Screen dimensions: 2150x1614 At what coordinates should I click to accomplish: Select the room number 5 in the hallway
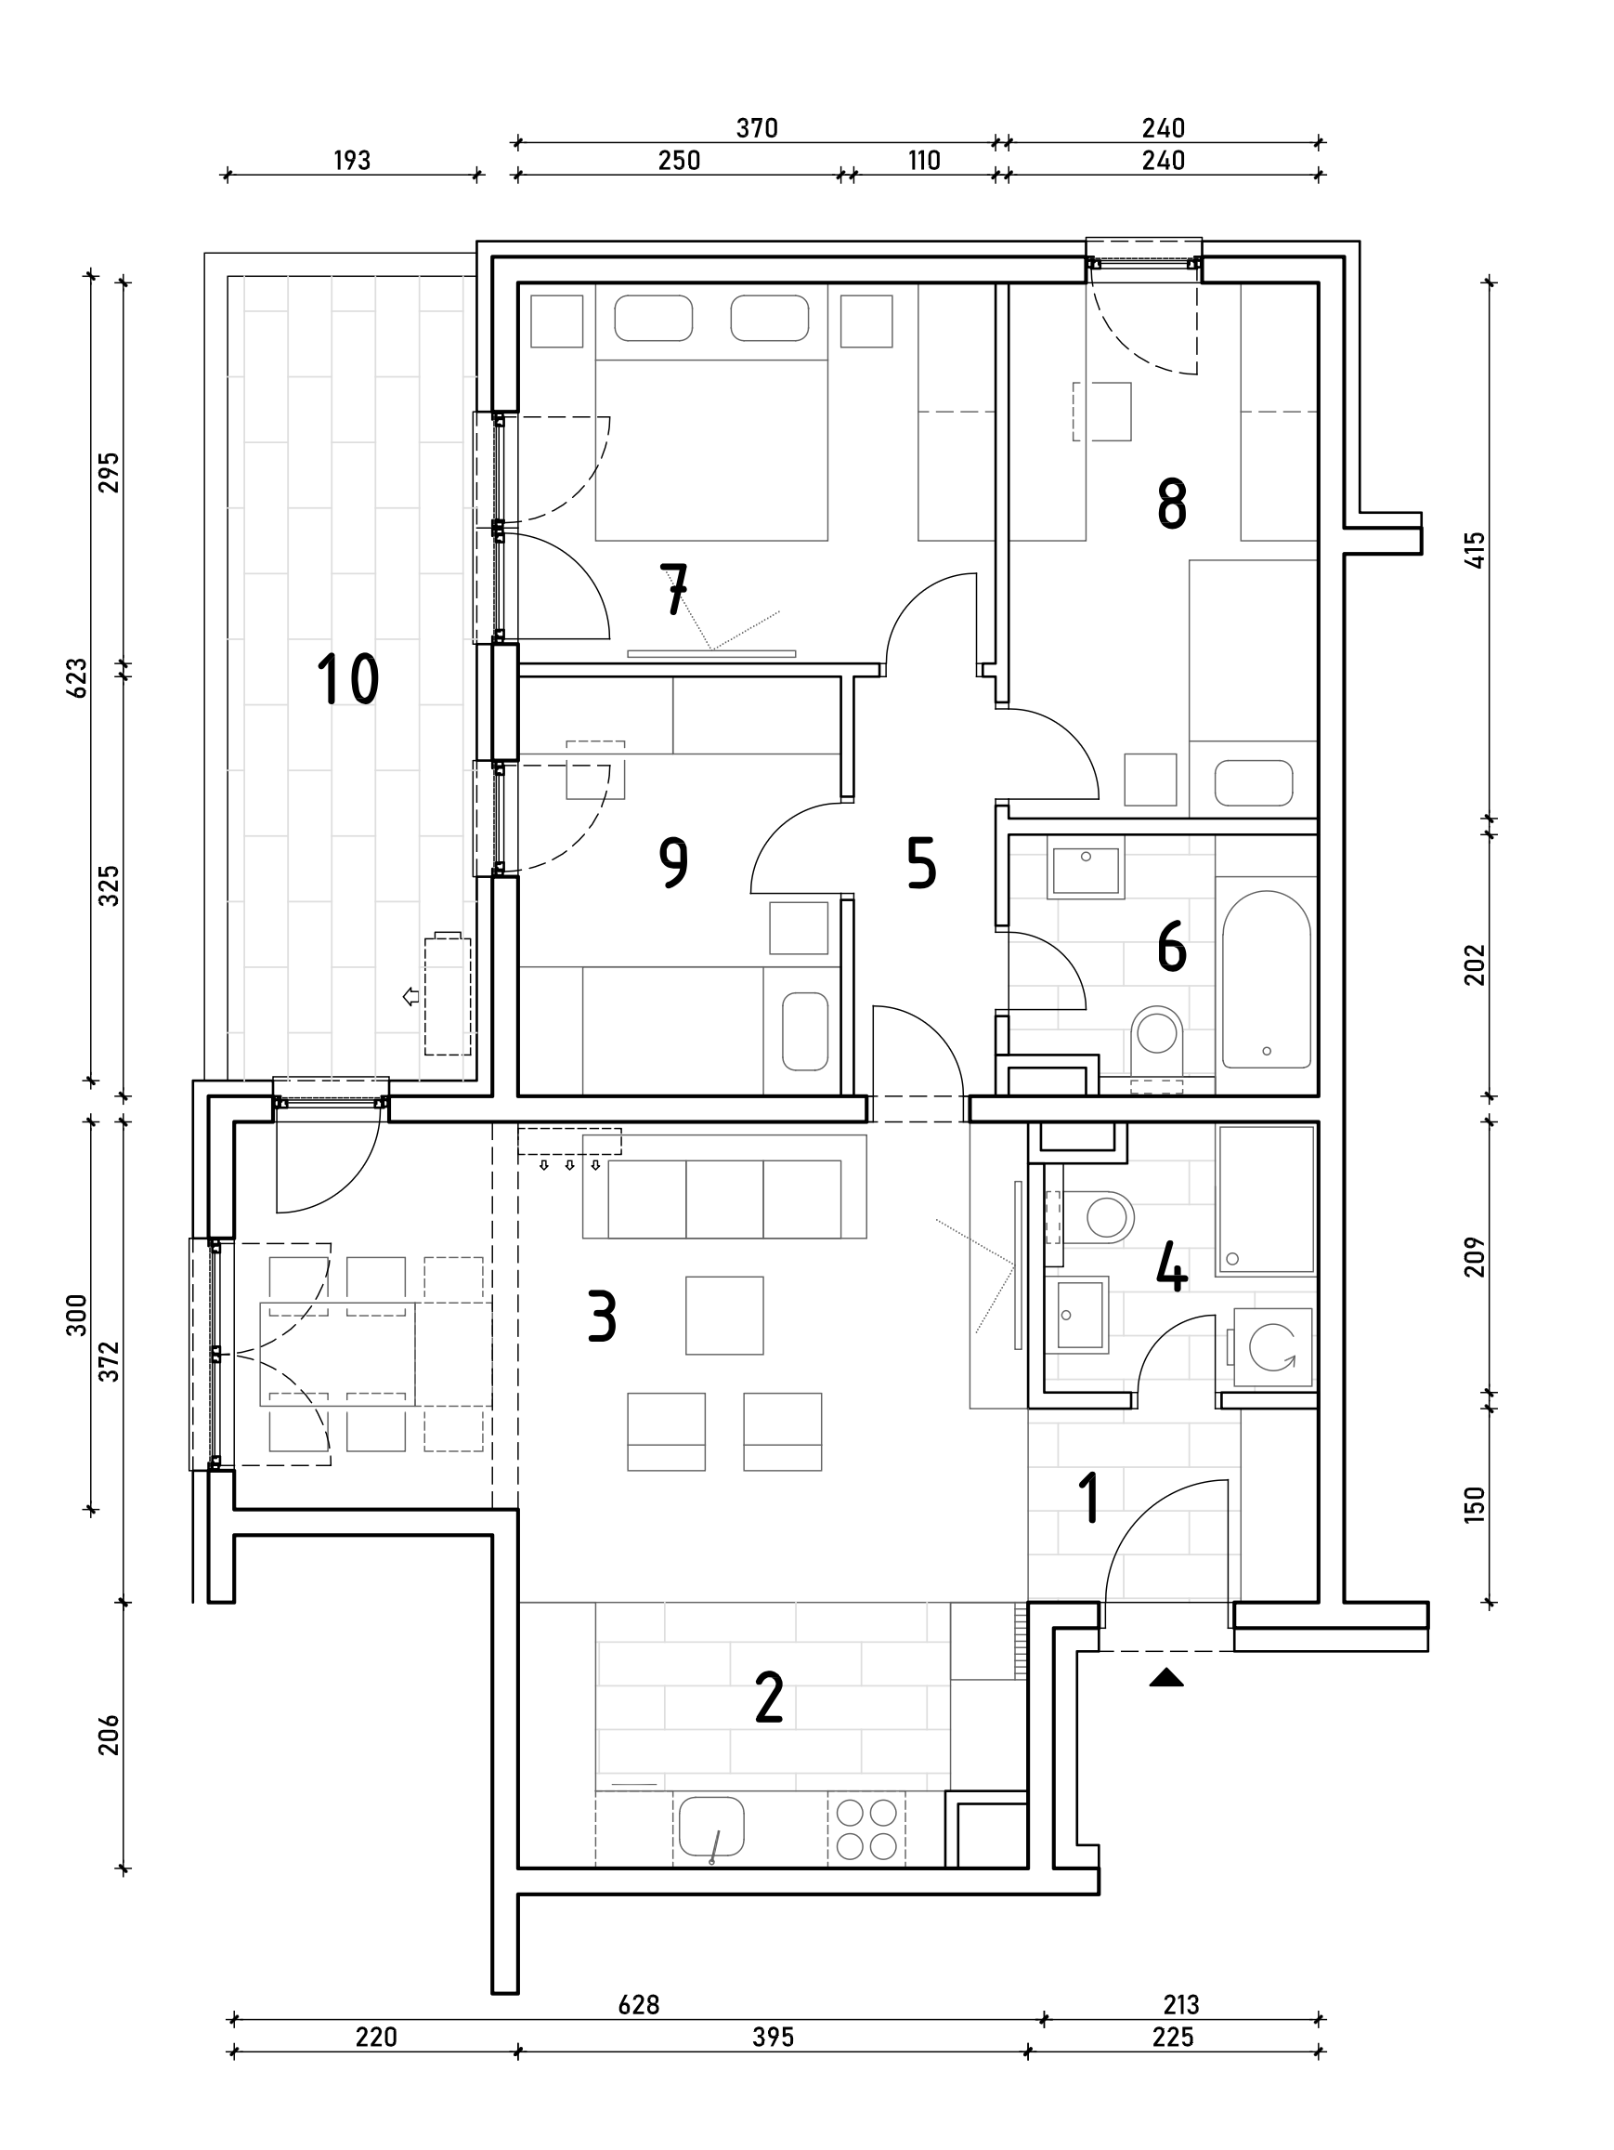click(x=920, y=863)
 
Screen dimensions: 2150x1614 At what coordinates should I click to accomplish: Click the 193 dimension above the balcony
click(x=352, y=161)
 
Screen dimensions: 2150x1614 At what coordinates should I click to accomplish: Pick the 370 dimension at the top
click(x=756, y=128)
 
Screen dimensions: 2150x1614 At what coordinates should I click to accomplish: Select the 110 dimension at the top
click(x=924, y=161)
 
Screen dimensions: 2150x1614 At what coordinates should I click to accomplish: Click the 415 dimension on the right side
click(x=1474, y=550)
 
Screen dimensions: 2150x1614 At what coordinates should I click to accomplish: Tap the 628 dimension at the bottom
click(x=638, y=2004)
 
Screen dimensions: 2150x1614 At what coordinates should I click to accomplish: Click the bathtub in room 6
click(x=1265, y=978)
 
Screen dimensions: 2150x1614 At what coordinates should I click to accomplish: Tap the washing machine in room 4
click(x=1273, y=1347)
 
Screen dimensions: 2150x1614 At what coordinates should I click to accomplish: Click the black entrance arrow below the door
click(x=1166, y=1678)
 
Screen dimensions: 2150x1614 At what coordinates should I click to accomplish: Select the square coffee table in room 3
click(x=724, y=1315)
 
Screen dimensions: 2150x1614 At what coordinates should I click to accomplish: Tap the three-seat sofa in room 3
click(x=724, y=1198)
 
